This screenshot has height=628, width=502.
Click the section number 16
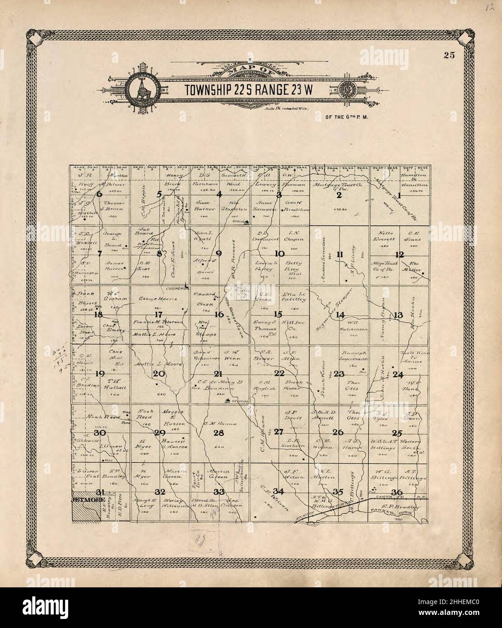point(219,314)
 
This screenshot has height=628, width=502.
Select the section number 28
point(219,432)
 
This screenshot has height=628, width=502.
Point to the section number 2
point(338,195)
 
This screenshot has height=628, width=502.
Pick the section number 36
point(397,492)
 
